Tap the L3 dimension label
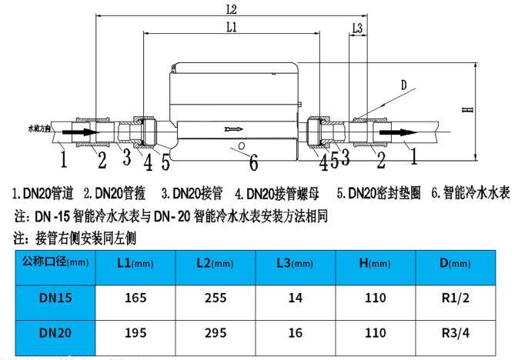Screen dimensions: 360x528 tap(356, 28)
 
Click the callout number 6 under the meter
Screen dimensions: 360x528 tap(255, 161)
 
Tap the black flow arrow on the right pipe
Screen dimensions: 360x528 tap(397, 133)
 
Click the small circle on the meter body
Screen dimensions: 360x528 tap(242, 145)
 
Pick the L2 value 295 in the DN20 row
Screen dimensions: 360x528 tap(216, 335)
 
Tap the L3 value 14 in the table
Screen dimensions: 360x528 tap(295, 298)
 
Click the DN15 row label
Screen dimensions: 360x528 tap(55, 298)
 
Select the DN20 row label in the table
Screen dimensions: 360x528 tap(55, 335)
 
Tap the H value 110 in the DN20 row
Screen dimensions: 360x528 tap(375, 335)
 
